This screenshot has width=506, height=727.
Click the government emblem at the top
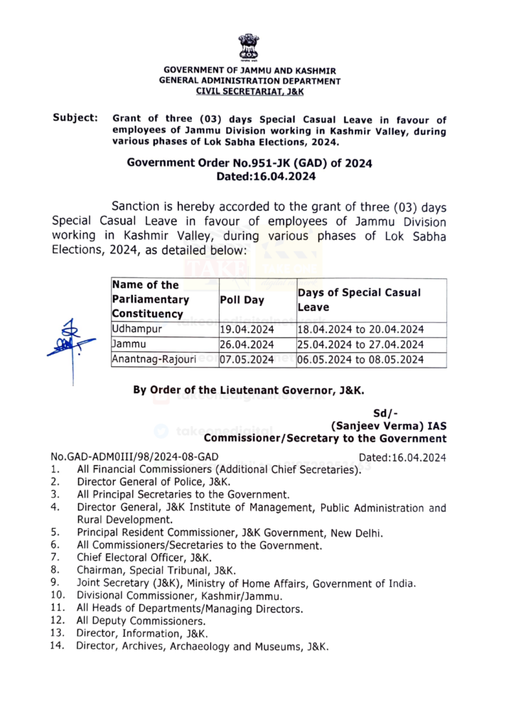249,47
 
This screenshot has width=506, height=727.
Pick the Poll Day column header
242,300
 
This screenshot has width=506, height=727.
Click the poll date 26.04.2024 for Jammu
247,344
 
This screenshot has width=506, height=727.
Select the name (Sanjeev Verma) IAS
389,426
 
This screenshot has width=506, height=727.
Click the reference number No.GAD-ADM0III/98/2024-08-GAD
134,457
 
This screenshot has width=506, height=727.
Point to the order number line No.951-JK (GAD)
249,163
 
